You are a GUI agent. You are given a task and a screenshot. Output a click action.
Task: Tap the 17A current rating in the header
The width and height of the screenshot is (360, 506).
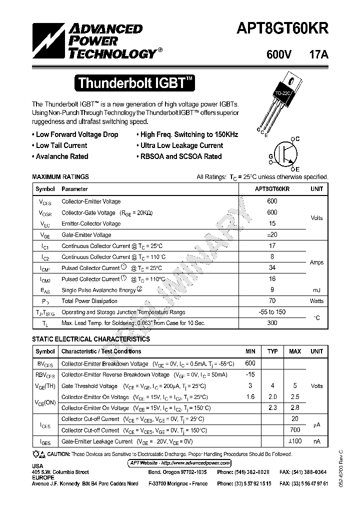(318, 55)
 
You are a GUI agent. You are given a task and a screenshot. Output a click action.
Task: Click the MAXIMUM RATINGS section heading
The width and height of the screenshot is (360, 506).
(60, 176)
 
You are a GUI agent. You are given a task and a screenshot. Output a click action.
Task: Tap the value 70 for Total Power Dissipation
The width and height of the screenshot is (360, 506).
(272, 301)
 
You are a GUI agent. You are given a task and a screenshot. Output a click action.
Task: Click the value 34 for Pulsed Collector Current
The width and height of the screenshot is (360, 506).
(272, 268)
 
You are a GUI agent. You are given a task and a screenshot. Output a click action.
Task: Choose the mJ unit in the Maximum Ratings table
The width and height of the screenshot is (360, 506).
(316, 290)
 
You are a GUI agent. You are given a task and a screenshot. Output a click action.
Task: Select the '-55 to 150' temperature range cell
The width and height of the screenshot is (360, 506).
(272, 312)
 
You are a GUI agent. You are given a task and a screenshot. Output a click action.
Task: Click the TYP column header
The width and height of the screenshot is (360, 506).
(272, 351)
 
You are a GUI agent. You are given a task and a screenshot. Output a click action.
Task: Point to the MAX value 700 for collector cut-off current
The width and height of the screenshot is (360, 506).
(294, 430)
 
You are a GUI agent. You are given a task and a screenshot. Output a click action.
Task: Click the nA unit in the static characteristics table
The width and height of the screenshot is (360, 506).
(316, 441)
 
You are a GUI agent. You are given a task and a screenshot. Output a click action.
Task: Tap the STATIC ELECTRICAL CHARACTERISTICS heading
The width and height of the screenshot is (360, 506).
(90, 339)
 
